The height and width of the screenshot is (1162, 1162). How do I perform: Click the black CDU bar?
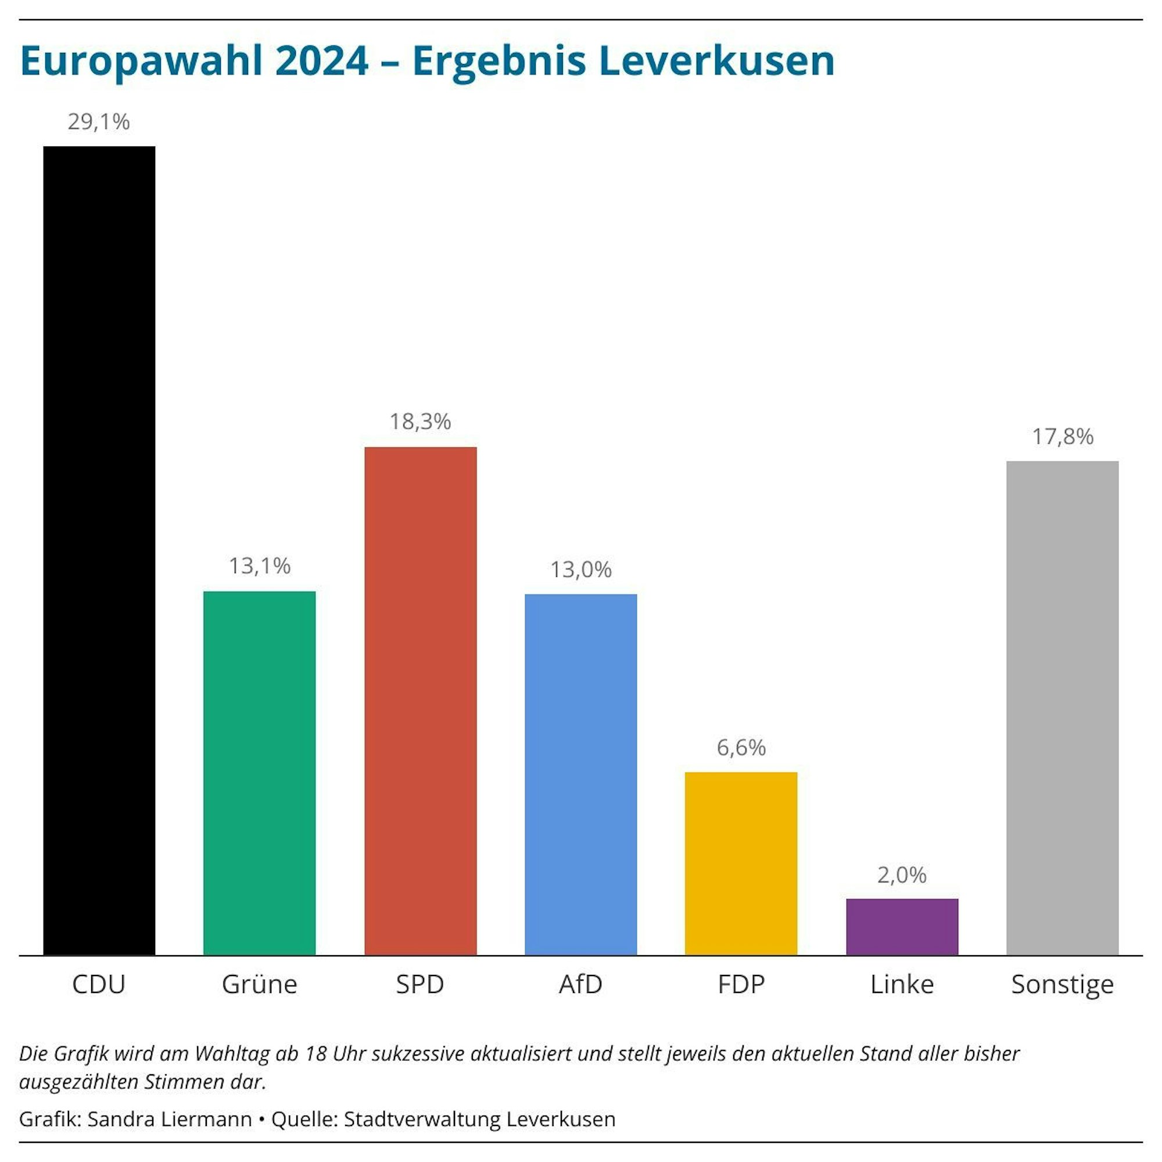point(99,550)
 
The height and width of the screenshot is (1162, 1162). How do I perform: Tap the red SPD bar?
point(421,701)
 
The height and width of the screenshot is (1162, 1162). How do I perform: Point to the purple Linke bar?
point(902,927)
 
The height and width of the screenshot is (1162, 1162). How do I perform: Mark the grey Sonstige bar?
point(1062,708)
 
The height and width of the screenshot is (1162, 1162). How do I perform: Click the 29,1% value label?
point(99,122)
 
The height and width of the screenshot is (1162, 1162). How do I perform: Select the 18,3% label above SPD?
point(420,422)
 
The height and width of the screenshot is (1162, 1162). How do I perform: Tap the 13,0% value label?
point(580,569)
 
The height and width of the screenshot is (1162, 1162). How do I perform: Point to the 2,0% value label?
point(902,875)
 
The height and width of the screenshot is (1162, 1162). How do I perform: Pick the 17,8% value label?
point(1062,437)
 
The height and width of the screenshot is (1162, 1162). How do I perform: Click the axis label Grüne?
point(259,985)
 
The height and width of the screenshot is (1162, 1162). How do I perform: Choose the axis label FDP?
point(741,985)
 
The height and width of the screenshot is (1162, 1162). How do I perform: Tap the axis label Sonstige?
point(1062,985)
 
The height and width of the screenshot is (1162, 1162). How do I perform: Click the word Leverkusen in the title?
point(716,61)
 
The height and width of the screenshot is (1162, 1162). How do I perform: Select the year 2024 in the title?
point(322,61)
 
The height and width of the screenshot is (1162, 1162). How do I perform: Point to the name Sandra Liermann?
point(170,1120)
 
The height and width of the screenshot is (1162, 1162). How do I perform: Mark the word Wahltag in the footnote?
point(233,1053)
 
